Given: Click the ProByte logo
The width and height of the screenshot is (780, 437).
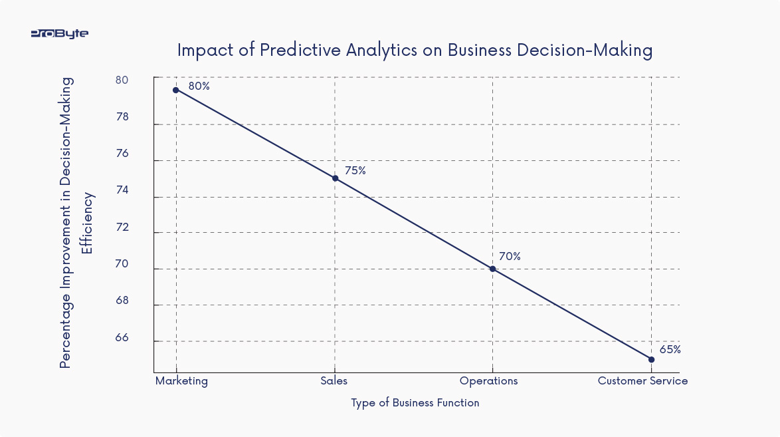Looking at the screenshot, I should pos(60,33).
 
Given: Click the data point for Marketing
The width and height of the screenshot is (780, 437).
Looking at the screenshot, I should pos(176,90).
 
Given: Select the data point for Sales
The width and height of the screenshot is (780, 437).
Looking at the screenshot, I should pos(335,178).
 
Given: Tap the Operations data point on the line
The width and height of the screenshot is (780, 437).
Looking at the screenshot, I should pos(492,269).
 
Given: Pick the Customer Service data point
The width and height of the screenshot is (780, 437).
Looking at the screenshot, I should pos(651,359).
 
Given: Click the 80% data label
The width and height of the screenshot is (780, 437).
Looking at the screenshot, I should pos(199,86).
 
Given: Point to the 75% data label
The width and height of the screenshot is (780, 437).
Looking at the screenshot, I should pos(355,170).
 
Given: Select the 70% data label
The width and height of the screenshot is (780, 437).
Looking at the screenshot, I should pos(510,256).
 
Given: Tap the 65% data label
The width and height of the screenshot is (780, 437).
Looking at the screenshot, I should pos(670,349).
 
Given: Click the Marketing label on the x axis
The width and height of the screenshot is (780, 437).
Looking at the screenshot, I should pos(181,381).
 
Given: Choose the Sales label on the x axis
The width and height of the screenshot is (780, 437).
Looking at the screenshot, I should pos(334,381).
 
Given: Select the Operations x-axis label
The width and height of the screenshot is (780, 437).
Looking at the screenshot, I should pos(488,381).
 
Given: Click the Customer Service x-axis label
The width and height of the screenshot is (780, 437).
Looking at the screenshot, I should pos(642,381).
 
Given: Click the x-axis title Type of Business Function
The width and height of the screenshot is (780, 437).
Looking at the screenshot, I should pos(415,402).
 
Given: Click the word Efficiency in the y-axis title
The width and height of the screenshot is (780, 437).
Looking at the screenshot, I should pos(86,223).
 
